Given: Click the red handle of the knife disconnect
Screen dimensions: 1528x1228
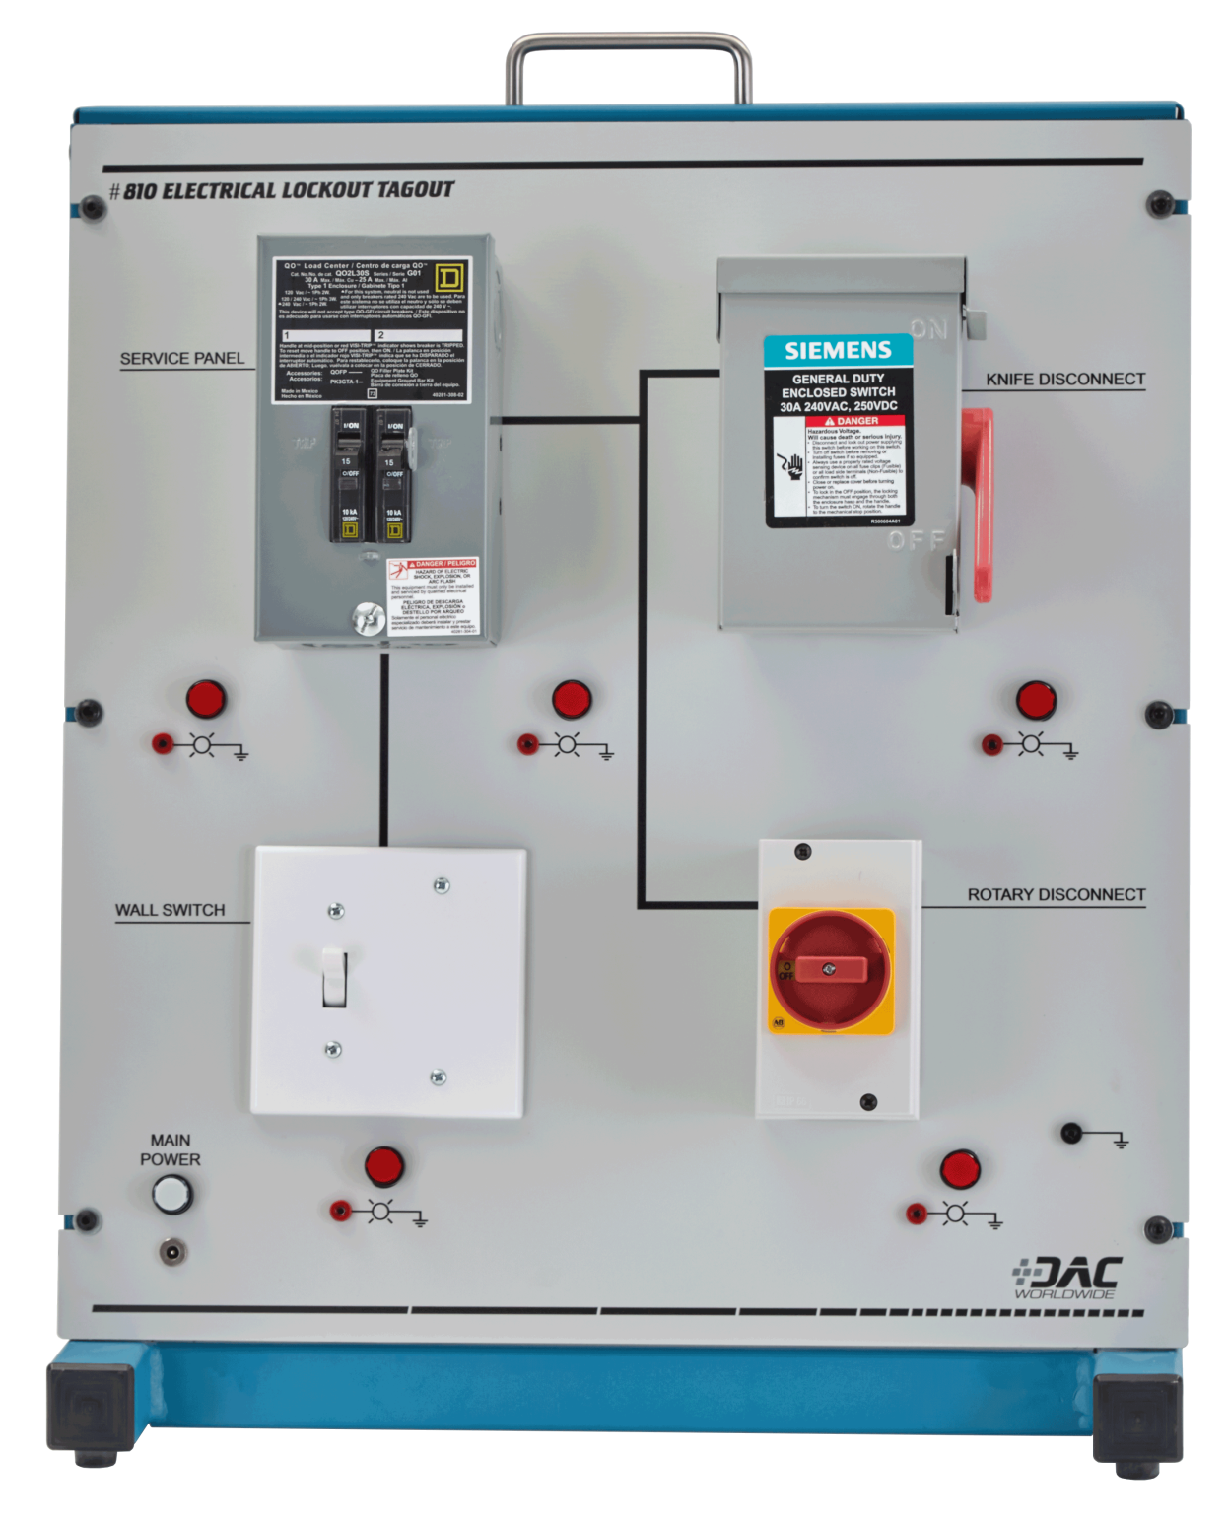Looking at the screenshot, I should click(981, 503).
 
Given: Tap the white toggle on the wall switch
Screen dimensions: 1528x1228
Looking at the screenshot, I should click(334, 976).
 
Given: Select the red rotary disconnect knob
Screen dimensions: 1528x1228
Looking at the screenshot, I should click(830, 968).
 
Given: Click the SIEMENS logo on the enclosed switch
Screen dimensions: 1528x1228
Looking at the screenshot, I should click(838, 350).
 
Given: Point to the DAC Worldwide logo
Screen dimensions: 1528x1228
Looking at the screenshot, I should click(1067, 1279).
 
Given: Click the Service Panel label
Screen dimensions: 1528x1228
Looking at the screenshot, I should click(182, 359).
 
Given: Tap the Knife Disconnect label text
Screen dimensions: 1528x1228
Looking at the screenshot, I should click(1065, 380).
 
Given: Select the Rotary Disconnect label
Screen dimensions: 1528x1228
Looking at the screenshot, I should click(1056, 895).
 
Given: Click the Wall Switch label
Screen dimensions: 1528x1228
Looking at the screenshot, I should click(170, 910).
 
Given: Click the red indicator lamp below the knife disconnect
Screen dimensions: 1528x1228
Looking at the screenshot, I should click(1036, 700).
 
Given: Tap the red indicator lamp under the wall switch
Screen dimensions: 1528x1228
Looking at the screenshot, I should click(384, 1166).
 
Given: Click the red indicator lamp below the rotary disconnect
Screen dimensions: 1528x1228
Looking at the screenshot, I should click(959, 1169).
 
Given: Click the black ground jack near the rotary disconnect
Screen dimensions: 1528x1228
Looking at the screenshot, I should click(1072, 1133).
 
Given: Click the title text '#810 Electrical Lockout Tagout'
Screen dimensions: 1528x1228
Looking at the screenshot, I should click(282, 190).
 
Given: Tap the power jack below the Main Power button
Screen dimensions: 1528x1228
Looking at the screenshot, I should click(173, 1251).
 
